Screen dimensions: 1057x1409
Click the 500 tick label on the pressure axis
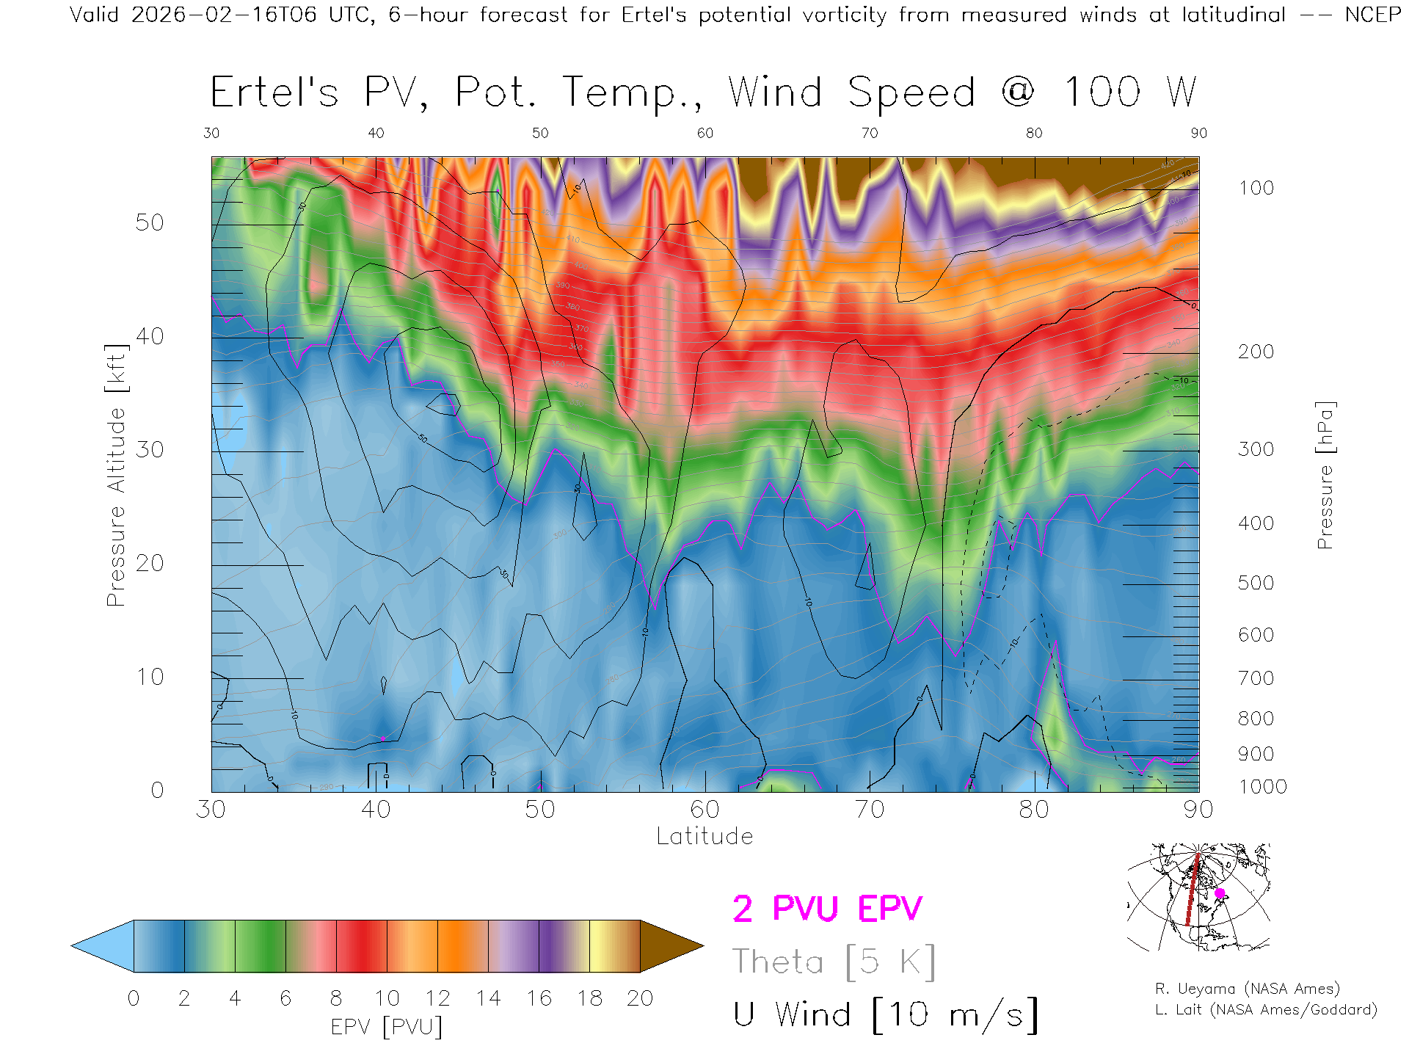[x=1256, y=583]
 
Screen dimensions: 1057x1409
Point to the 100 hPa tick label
[x=1256, y=188]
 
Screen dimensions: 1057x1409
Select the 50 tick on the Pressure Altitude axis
[x=149, y=222]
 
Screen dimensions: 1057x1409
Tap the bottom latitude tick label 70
[x=869, y=810]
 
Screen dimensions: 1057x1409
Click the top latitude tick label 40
[x=376, y=133]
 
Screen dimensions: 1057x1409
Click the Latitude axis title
[x=704, y=836]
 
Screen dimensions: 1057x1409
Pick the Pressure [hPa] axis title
[x=1325, y=475]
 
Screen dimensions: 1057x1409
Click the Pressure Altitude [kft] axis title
[x=116, y=475]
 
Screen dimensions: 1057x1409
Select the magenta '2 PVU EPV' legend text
[x=827, y=909]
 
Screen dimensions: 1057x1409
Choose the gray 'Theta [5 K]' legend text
[x=834, y=962]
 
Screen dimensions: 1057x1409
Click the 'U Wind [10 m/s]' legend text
[x=885, y=1015]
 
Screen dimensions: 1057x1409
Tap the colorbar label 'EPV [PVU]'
[x=387, y=1026]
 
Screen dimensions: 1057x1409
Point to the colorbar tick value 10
[x=387, y=998]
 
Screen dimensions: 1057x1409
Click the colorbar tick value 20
[x=640, y=998]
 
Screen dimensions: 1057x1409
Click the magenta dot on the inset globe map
[x=1220, y=893]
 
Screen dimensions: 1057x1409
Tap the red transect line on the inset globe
[x=1192, y=892]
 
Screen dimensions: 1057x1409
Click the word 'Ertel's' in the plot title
[x=274, y=93]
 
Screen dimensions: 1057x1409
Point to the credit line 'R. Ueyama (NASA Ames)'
[x=1247, y=989]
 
